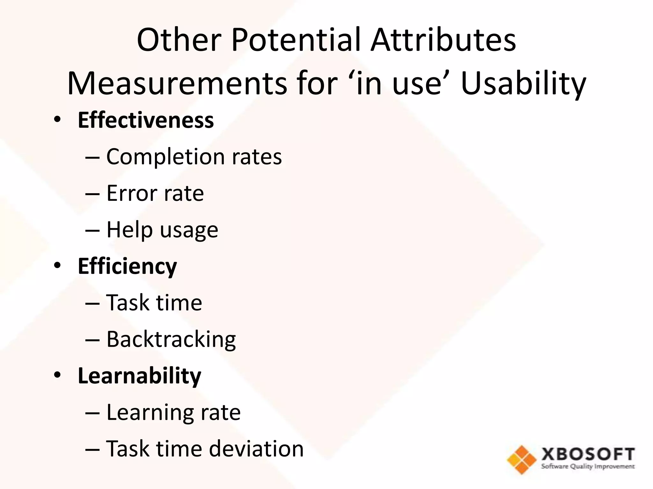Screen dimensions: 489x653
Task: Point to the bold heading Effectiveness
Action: pos(146,120)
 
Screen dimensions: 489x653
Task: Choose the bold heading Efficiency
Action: pos(127,266)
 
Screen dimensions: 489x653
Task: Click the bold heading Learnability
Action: pos(139,376)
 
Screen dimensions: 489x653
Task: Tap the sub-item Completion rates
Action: pos(194,157)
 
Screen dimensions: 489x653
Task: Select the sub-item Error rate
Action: pos(155,193)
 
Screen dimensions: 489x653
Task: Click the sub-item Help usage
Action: pos(162,230)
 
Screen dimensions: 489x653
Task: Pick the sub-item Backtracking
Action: pos(171,339)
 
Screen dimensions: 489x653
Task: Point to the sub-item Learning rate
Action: pos(173,412)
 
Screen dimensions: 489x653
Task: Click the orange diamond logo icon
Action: pos(522,459)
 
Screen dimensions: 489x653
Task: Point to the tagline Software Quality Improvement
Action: pos(588,467)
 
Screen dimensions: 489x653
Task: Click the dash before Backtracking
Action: pos(92,340)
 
